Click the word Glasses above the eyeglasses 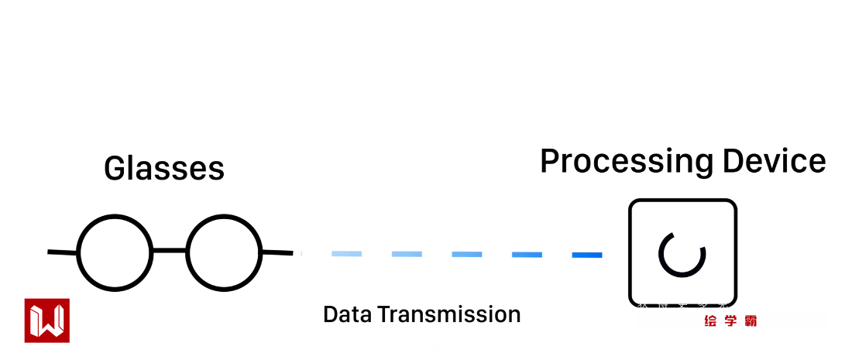164,168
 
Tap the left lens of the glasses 115,252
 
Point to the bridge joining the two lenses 170,251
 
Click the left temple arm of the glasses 62,252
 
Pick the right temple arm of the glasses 277,252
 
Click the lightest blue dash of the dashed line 346,253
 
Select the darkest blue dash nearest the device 586,255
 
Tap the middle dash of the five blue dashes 467,254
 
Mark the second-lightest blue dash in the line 407,253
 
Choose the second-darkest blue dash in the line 527,254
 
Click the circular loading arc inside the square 682,253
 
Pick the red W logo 46,320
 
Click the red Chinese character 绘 710,321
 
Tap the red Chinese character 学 730,321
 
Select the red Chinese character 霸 750,321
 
